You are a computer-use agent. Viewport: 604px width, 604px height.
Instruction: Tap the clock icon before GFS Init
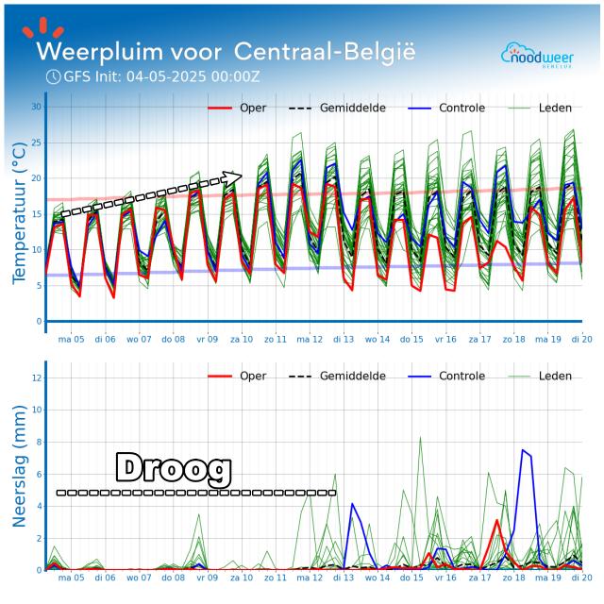[53, 76]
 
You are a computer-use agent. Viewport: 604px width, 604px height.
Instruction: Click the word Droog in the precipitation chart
[174, 469]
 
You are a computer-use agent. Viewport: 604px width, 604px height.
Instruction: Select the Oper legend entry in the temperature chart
[253, 109]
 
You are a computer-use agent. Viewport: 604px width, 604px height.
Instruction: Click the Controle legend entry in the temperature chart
[461, 109]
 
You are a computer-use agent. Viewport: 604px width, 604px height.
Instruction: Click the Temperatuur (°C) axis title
[19, 212]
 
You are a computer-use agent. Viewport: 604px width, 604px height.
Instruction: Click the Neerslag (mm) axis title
[19, 465]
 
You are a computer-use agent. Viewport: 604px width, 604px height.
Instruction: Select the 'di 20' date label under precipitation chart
[581, 578]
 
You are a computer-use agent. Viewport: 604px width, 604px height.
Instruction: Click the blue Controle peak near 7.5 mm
[523, 450]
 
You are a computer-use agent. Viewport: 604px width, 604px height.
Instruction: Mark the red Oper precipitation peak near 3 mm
[497, 520]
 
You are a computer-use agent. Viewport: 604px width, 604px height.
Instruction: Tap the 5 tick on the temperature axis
[39, 285]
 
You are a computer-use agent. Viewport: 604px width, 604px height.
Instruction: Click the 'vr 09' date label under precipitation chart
[207, 578]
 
